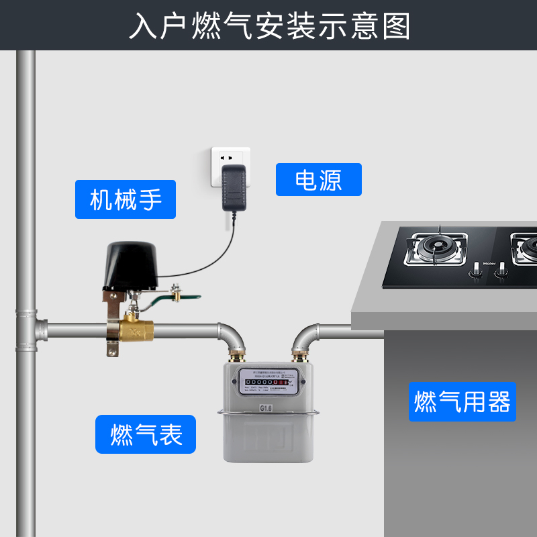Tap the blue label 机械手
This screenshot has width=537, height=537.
[x=126, y=199]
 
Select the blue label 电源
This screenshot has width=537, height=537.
[x=318, y=180]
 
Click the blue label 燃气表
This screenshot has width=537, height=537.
[x=145, y=434]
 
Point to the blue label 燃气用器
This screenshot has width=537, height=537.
[x=462, y=402]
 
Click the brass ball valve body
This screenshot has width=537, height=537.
[x=135, y=330]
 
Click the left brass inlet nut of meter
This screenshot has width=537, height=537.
[x=238, y=353]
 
